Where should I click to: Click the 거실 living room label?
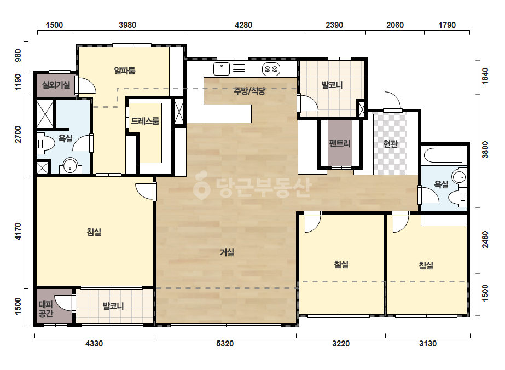(x=227, y=252)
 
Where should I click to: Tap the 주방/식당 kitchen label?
(x=249, y=91)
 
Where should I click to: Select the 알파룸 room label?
(x=125, y=71)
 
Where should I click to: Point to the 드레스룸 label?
(x=145, y=121)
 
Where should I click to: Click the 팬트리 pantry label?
(x=340, y=143)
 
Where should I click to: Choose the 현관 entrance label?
(x=390, y=144)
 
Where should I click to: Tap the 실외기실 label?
(x=56, y=85)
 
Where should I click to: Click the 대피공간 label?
(x=46, y=309)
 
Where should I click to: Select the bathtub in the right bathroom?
(x=443, y=155)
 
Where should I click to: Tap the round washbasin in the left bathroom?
(x=70, y=166)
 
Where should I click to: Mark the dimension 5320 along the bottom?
(x=225, y=344)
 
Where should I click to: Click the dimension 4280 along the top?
(x=243, y=25)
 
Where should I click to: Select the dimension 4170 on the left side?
(x=18, y=232)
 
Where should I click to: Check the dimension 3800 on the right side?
(x=485, y=150)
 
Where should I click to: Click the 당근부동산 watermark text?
(x=253, y=188)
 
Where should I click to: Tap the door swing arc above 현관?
(x=393, y=101)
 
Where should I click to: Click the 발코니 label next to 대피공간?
(x=113, y=306)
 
